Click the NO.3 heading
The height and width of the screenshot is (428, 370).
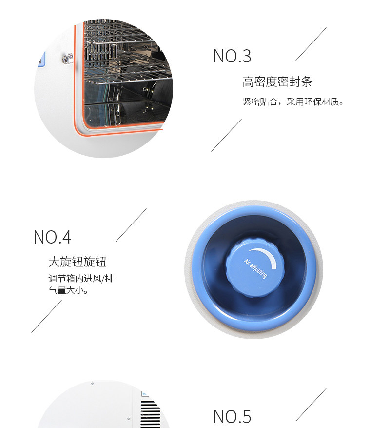pyautogui.click(x=232, y=56)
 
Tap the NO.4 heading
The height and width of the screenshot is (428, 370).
pyautogui.click(x=52, y=237)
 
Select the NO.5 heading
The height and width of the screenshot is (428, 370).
pyautogui.click(x=232, y=417)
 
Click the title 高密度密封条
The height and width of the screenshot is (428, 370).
pyautogui.click(x=277, y=82)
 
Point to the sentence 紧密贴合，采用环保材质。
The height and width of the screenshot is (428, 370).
pyautogui.click(x=293, y=102)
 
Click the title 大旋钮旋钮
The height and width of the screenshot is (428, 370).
pyautogui.click(x=78, y=262)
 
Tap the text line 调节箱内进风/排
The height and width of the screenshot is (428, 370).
pyautogui.click(x=81, y=278)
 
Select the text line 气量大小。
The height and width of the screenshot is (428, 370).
pyautogui.click(x=69, y=290)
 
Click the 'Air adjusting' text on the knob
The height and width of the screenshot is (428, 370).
pyautogui.click(x=255, y=268)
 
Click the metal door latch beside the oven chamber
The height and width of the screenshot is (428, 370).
pyautogui.click(x=67, y=59)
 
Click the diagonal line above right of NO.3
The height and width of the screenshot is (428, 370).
pyautogui.click(x=311, y=44)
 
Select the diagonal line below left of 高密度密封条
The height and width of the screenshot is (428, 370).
pyautogui.click(x=226, y=135)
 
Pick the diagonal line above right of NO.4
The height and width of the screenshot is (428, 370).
pyautogui.click(x=131, y=225)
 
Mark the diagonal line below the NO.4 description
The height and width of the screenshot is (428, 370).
pyautogui.click(x=47, y=316)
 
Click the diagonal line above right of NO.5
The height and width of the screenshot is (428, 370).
pyautogui.click(x=311, y=405)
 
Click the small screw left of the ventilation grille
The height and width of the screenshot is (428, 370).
pyautogui.click(x=129, y=418)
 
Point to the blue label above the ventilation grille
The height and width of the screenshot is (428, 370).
pyautogui.click(x=145, y=394)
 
